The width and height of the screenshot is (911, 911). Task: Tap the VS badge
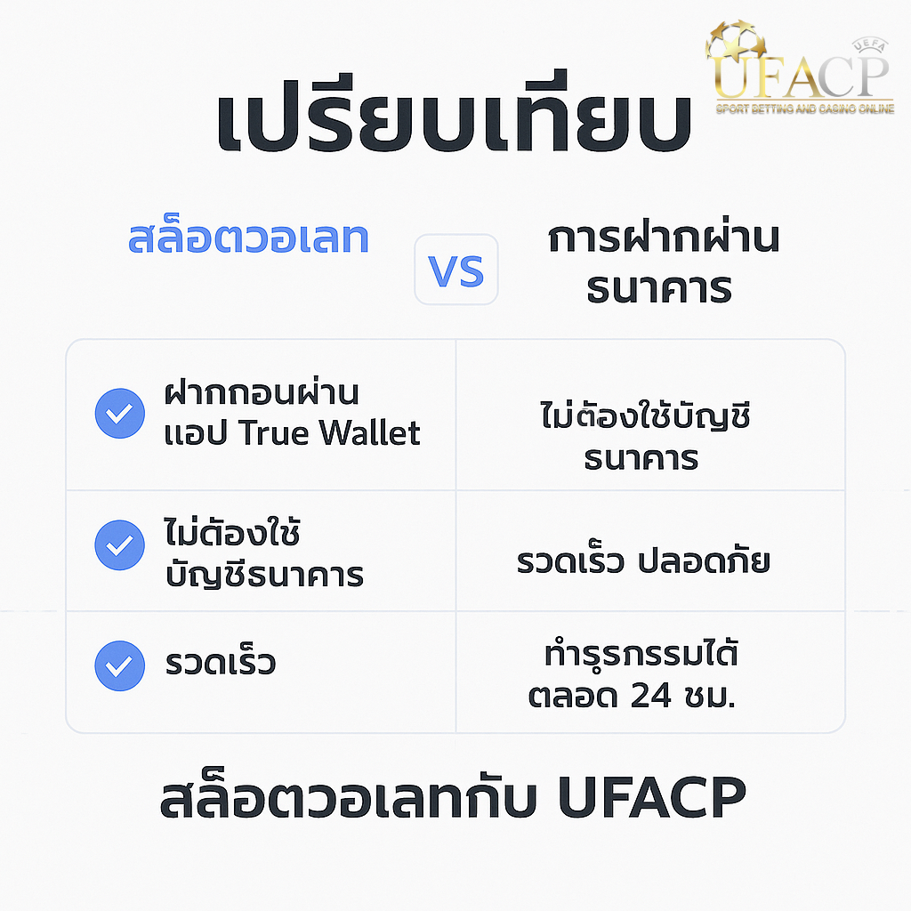456,270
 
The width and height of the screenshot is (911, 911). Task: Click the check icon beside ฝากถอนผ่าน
120,413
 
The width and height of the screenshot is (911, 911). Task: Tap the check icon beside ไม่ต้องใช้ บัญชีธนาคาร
120,545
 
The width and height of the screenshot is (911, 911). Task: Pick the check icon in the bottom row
120,665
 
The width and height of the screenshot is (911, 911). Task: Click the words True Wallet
329,432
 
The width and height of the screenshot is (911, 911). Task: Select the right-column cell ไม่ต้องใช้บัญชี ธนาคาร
645,436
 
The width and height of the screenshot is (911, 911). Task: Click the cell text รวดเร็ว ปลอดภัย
643,560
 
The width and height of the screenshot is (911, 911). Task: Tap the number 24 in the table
650,695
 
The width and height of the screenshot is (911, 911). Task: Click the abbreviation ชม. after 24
710,696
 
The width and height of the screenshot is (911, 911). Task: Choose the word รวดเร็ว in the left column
221,662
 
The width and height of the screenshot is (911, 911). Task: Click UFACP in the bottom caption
652,796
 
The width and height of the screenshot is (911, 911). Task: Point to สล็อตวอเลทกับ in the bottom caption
348,796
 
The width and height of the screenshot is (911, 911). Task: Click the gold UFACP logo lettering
801,76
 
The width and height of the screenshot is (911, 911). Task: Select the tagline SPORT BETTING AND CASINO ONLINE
804,109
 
